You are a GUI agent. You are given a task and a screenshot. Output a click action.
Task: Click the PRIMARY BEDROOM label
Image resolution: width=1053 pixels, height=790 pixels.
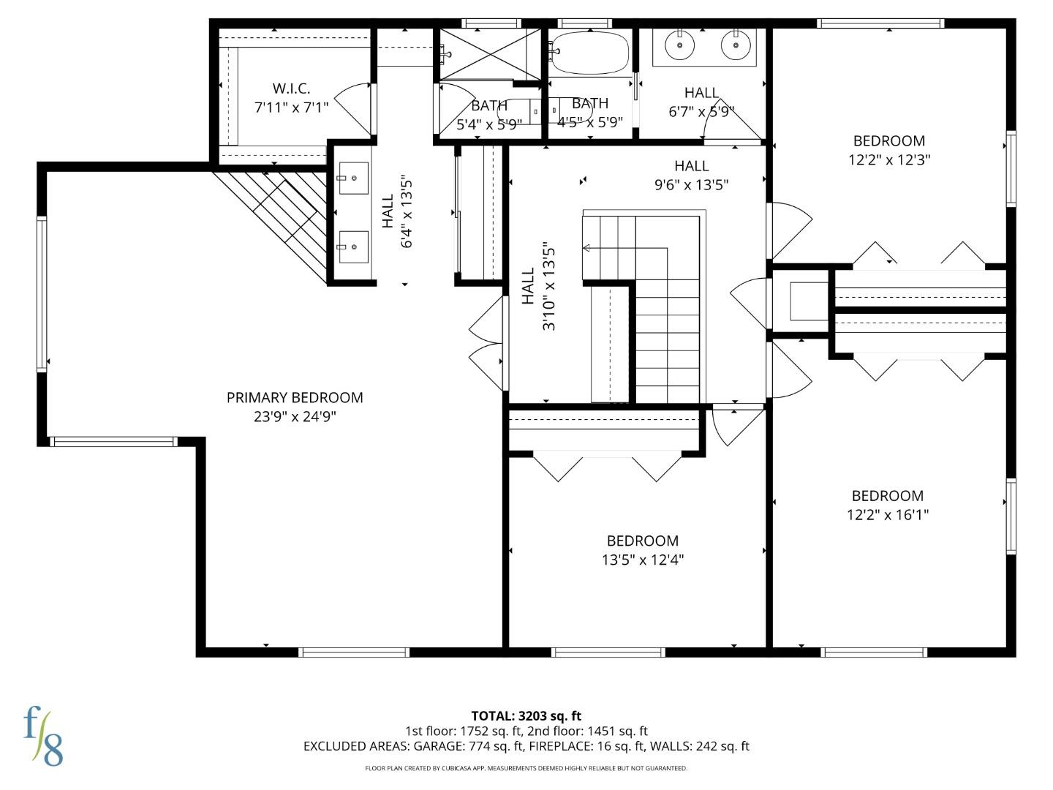(x=295, y=398)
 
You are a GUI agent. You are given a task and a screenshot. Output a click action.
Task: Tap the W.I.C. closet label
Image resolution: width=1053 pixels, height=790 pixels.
(x=291, y=89)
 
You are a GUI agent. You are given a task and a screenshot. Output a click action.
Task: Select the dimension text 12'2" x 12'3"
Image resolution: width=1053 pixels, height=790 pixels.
(x=888, y=159)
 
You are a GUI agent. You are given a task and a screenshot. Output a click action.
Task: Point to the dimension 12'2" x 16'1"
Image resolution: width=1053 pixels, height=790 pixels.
(x=887, y=514)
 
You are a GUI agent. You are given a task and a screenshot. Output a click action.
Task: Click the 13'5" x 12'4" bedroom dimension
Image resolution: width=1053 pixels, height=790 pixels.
(x=642, y=560)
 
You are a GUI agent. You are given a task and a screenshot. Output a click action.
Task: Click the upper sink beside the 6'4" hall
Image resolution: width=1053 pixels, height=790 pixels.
(x=353, y=178)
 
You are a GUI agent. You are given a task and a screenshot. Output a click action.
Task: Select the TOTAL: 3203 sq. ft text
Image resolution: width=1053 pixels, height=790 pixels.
(x=526, y=715)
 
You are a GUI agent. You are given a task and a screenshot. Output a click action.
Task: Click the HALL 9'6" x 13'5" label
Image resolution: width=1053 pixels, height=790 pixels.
(x=691, y=176)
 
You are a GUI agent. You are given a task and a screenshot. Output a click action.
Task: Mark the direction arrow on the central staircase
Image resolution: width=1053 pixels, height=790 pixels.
(x=586, y=249)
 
